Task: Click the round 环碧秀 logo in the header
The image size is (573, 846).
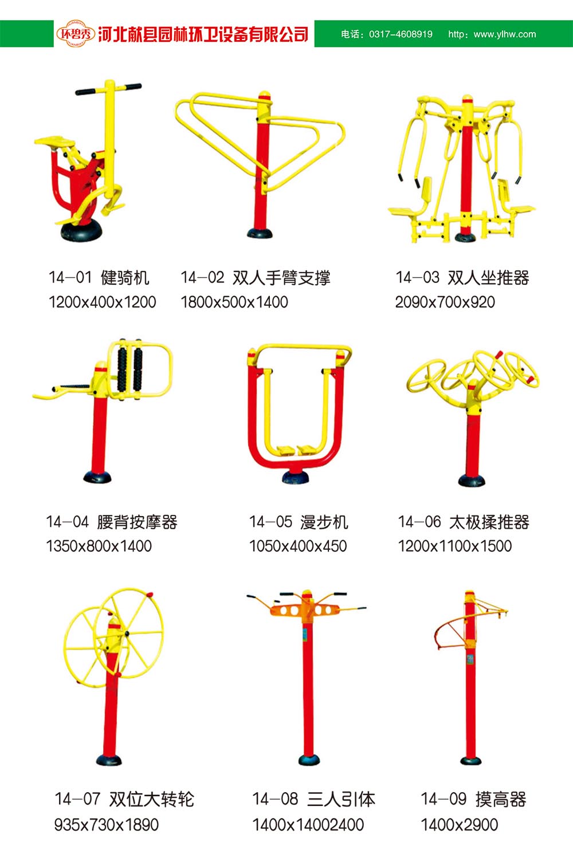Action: click(x=76, y=34)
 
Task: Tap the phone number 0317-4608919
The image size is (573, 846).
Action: click(x=401, y=34)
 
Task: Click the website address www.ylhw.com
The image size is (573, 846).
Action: click(x=505, y=34)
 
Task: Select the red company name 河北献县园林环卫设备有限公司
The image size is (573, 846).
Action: click(x=203, y=34)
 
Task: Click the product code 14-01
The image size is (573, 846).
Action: click(x=70, y=278)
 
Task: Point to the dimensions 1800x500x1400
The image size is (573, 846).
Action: click(x=234, y=302)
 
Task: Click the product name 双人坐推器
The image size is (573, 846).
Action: click(x=488, y=278)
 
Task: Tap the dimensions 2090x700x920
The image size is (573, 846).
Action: click(x=445, y=302)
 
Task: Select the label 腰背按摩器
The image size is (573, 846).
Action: click(x=137, y=522)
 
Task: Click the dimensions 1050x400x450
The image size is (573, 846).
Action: click(x=297, y=546)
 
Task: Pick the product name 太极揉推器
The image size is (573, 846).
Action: click(x=489, y=522)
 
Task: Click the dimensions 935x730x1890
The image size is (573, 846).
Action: click(x=107, y=825)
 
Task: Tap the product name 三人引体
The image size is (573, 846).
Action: click(x=342, y=799)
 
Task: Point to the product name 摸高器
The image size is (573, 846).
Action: click(x=501, y=799)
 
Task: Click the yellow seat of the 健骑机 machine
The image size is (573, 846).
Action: click(x=55, y=141)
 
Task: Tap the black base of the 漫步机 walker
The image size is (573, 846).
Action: click(x=295, y=477)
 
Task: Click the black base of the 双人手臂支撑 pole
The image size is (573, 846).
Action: click(x=260, y=233)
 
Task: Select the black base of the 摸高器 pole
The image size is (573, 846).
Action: click(x=470, y=760)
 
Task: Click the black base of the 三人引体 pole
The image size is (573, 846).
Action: click(x=309, y=760)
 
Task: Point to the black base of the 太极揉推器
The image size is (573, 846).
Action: click(x=472, y=480)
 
